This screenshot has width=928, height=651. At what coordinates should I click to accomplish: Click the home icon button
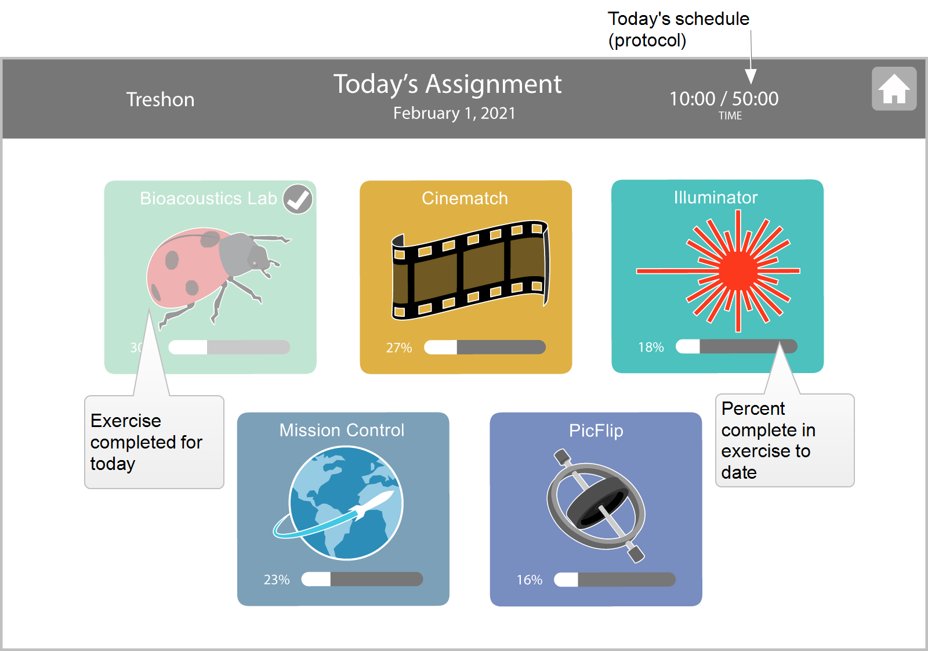coord(894,89)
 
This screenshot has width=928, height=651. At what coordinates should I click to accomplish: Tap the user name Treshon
coord(160,99)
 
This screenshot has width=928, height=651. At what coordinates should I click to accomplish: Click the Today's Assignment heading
coord(447,85)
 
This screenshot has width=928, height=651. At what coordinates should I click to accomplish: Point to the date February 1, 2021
coord(454,113)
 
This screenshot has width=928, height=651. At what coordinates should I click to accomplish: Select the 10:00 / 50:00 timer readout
coord(724,99)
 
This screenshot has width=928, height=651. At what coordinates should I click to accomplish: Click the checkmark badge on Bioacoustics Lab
coord(298,199)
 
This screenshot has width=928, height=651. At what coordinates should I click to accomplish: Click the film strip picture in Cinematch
coord(470,270)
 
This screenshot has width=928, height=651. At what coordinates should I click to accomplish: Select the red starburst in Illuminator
coord(719,271)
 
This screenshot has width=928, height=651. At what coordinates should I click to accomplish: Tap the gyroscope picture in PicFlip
coord(597,505)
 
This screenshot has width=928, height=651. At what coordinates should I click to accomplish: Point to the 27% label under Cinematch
coord(399,348)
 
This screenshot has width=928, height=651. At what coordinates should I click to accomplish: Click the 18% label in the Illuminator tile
coord(651,347)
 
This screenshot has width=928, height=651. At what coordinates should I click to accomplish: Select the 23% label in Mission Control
coord(277,579)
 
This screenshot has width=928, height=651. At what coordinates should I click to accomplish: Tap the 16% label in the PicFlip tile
coord(530,580)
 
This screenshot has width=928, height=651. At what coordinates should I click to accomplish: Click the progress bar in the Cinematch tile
coord(485,347)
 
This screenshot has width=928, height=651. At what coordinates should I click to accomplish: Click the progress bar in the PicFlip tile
coord(615,579)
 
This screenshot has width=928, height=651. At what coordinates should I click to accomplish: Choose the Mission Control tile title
coord(342,430)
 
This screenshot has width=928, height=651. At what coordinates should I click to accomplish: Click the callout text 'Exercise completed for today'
coord(146,442)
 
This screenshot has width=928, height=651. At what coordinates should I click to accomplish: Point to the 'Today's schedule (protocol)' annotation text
coord(678,30)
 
